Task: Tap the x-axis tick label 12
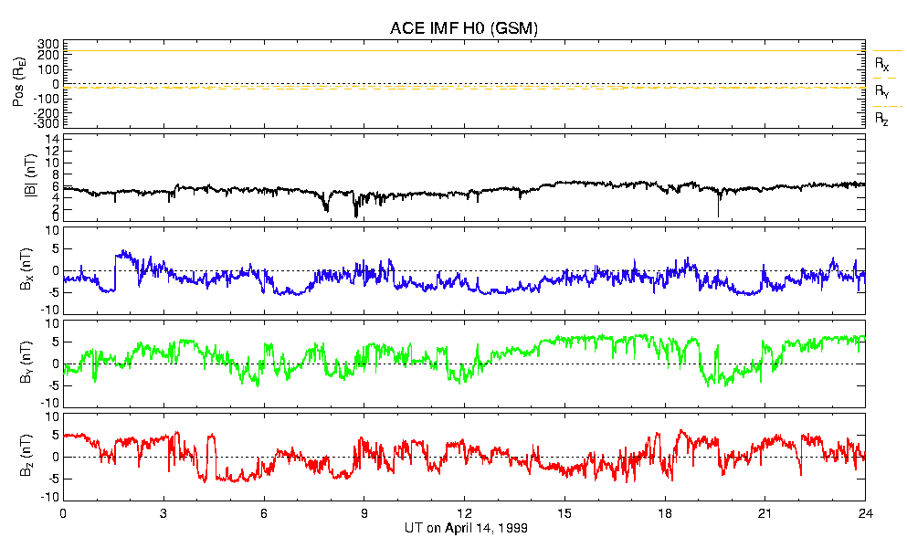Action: pos(464,512)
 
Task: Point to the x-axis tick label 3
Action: pos(163,512)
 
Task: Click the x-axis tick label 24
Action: pos(865,512)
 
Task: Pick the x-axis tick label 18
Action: pos(665,512)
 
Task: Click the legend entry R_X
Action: pos(881,65)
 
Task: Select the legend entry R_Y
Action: pos(881,92)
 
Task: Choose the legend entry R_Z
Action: pos(881,119)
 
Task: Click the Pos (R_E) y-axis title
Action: pos(19,85)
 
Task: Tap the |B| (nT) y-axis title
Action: pos(19,177)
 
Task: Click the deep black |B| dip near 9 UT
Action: pos(356,213)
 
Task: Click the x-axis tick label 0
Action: pos(63,512)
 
